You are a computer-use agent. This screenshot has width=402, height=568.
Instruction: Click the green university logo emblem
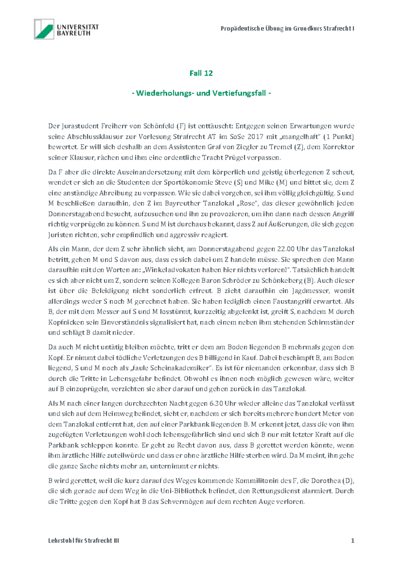[x=44, y=29]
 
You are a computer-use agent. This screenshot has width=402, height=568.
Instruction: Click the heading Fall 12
[x=201, y=73]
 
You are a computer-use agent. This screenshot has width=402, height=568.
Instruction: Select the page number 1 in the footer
[x=352, y=540]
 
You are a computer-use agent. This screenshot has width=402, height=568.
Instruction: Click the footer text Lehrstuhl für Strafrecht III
[x=83, y=540]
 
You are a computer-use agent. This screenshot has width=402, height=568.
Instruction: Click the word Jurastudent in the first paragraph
[x=78, y=126]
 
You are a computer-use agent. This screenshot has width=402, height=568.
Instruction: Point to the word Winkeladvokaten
[x=172, y=270]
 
